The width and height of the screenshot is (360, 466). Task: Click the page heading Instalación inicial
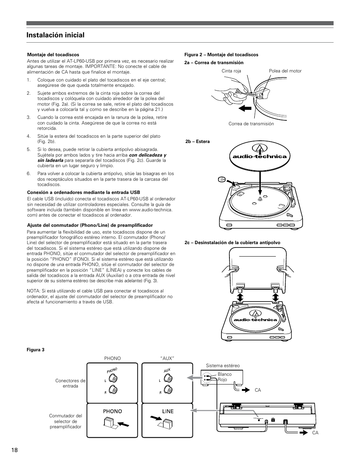coord(55,35)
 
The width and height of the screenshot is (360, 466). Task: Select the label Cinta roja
coord(232,71)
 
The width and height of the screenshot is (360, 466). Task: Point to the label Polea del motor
coord(285,71)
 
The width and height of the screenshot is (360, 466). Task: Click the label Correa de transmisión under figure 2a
coord(251,124)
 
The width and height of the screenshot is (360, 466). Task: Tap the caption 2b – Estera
coord(197,141)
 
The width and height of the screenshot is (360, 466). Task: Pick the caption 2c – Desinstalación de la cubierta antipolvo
coord(232,243)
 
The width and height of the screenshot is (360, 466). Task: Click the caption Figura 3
coord(35,350)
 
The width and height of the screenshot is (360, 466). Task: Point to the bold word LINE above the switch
coord(168,411)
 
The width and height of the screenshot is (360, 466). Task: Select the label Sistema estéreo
coord(223,366)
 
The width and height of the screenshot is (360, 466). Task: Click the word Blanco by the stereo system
coord(225,374)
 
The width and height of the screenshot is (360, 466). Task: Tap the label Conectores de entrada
coord(70,383)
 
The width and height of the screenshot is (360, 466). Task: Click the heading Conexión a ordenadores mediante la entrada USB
coord(83,192)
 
